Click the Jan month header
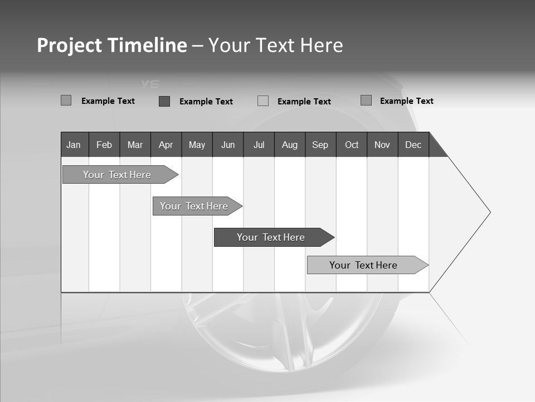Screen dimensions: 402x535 pyautogui.click(x=74, y=145)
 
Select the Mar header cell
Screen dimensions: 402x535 pyautogui.click(x=135, y=145)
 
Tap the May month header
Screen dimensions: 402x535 pyautogui.click(x=197, y=145)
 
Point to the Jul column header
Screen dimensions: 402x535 pyautogui.click(x=259, y=145)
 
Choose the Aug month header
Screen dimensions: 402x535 pyautogui.click(x=290, y=145)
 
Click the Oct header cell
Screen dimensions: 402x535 pyautogui.click(x=352, y=145)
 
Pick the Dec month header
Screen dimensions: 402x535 pyautogui.click(x=414, y=145)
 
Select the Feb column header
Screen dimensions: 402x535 pyautogui.click(x=104, y=145)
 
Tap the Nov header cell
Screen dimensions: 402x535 pyautogui.click(x=382, y=145)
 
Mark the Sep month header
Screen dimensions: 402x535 pyautogui.click(x=320, y=145)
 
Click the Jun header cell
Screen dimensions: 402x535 pyautogui.click(x=228, y=145)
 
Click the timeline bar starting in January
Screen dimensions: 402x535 pyautogui.click(x=117, y=175)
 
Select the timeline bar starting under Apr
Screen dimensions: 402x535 pyautogui.click(x=194, y=206)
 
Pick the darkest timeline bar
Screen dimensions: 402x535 pyautogui.click(x=271, y=237)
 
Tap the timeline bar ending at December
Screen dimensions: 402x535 pyautogui.click(x=363, y=265)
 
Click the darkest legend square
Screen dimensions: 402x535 pyautogui.click(x=164, y=101)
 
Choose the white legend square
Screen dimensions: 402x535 pyautogui.click(x=263, y=101)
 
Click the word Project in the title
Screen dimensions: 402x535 pyautogui.click(x=70, y=45)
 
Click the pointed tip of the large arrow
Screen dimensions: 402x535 pyautogui.click(x=489, y=212)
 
